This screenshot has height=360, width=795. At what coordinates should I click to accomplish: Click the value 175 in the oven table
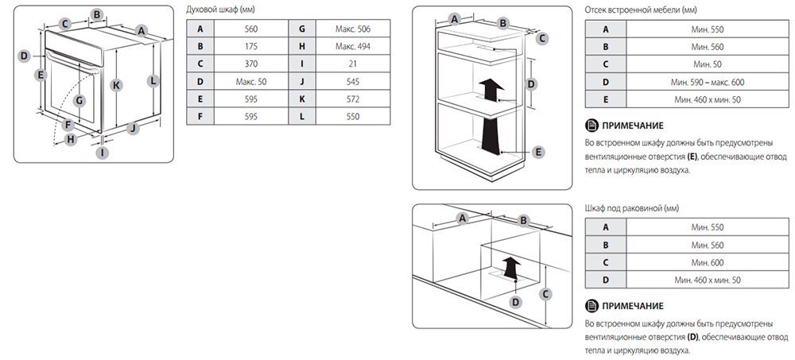251,46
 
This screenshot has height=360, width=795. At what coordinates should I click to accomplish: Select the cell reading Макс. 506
353,29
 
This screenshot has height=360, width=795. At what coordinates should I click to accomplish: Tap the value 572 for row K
353,99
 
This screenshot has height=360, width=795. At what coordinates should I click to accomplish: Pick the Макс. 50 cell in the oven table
251,81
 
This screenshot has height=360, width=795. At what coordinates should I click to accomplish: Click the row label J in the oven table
302,81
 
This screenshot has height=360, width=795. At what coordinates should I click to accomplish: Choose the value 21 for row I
353,64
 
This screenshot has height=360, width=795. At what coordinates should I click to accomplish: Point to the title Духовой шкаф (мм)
219,10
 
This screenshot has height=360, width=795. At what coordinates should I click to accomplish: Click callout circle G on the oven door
79,101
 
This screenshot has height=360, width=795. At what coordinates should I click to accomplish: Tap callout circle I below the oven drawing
103,152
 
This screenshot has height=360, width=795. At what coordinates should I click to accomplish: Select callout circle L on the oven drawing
153,80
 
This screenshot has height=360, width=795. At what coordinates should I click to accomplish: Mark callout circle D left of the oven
24,56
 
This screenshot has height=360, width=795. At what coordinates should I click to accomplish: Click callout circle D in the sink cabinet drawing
516,302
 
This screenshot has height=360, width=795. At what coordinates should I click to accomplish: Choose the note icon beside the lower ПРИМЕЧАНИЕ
591,306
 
